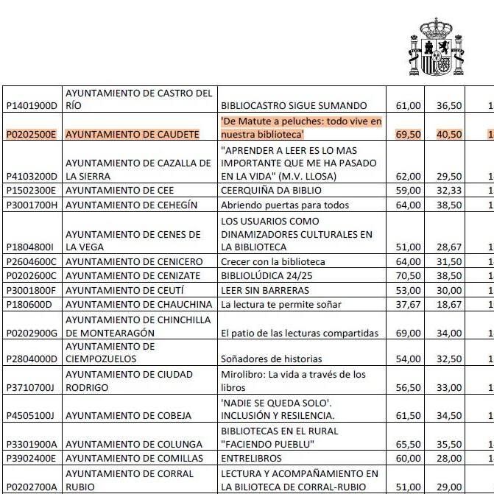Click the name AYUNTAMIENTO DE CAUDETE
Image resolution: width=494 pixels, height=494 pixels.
point(133,135)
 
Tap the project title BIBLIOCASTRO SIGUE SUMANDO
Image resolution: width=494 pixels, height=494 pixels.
point(293,106)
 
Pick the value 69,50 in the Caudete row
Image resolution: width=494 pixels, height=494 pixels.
point(408,135)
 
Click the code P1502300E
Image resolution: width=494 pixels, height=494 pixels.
point(32,191)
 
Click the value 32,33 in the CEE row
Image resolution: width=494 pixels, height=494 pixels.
point(448,191)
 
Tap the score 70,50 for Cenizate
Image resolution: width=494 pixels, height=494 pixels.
point(408,275)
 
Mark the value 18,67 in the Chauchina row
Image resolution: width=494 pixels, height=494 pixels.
point(448,303)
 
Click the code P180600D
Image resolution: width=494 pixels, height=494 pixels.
point(30,303)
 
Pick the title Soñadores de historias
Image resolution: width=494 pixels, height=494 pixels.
point(271,359)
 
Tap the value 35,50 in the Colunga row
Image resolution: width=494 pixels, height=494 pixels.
point(448,444)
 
